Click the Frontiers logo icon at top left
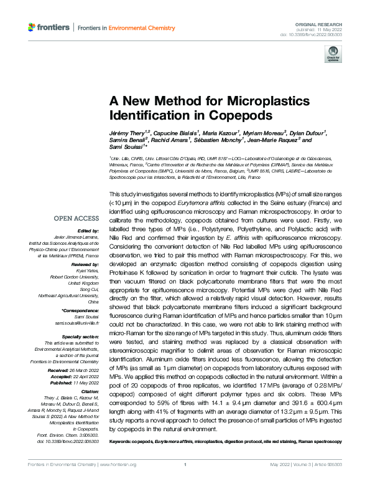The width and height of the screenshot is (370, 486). click(x=32, y=27)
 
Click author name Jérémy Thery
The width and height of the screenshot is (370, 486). click(x=126, y=133)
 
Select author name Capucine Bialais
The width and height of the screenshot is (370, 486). click(x=178, y=133)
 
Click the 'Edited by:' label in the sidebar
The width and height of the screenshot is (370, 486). click(x=88, y=230)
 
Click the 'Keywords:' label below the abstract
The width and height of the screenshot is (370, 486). click(x=121, y=442)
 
